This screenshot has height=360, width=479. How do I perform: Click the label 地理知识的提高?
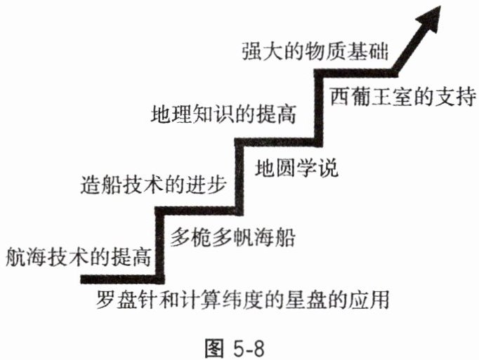pyautogui.click(x=223, y=112)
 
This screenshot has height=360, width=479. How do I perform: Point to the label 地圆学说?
pyautogui.click(x=296, y=169)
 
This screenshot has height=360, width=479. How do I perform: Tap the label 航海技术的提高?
pyautogui.click(x=77, y=257)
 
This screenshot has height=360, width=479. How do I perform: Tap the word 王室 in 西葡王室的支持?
pyautogui.click(x=392, y=95)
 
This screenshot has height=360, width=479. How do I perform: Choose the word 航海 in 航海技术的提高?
pyautogui.click(x=25, y=257)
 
